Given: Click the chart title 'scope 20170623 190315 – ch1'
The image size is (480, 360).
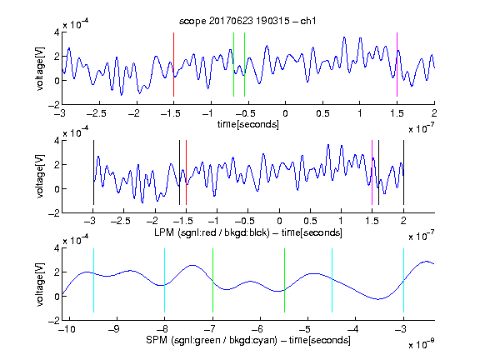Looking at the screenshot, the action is [x=247, y=21].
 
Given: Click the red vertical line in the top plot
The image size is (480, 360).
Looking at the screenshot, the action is [x=173, y=64].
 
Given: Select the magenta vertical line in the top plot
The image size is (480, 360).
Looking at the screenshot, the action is [x=397, y=64].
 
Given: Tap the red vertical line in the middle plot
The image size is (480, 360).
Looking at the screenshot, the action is [x=186, y=172].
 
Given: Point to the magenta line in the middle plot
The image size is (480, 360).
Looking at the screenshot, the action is [x=372, y=172].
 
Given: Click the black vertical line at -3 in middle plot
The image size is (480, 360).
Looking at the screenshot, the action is [x=93, y=172].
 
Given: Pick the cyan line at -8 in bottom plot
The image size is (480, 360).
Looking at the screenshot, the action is [x=165, y=280].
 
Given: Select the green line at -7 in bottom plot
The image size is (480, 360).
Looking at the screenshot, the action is [x=212, y=280].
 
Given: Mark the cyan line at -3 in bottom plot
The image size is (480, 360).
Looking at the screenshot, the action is [x=404, y=280].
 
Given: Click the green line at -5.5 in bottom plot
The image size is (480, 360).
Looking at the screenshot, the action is [x=285, y=280].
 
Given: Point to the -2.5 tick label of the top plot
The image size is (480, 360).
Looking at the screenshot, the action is [x=97, y=113].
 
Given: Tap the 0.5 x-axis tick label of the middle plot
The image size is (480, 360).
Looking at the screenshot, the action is [x=310, y=222].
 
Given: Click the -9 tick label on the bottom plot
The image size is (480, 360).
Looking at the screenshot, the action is [x=114, y=329].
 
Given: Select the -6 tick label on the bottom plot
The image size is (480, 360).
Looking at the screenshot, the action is [x=257, y=329].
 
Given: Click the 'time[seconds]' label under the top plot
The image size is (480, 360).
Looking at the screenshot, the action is [x=248, y=124].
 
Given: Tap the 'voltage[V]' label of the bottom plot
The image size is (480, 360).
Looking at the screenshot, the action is [x=40, y=284].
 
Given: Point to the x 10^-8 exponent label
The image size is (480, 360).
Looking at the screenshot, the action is [x=422, y=344].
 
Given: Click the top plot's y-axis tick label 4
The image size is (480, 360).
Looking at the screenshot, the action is [x=57, y=32].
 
